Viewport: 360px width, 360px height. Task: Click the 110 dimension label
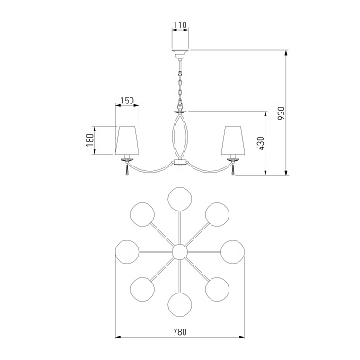pos(180,24)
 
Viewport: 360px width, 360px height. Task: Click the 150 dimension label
pos(127,101)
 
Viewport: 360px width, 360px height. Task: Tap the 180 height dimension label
pos(90,140)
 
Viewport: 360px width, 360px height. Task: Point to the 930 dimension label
pos(281,113)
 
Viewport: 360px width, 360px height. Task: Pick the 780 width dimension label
pos(180,332)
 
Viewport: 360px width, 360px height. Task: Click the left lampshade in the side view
pos(127,140)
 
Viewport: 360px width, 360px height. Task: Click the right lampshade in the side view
pos(233,140)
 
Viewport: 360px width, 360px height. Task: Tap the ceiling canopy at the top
pos(180,54)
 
